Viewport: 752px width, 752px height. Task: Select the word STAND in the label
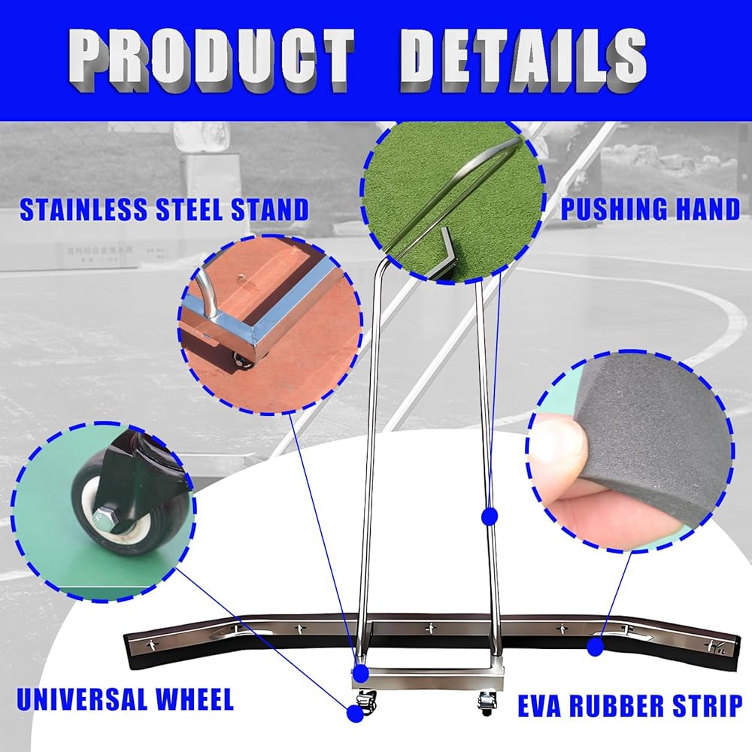tap(266, 210)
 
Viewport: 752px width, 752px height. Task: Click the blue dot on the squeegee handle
tap(490, 516)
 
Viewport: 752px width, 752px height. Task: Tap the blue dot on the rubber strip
tap(596, 644)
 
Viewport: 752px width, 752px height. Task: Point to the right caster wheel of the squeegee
tap(484, 704)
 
